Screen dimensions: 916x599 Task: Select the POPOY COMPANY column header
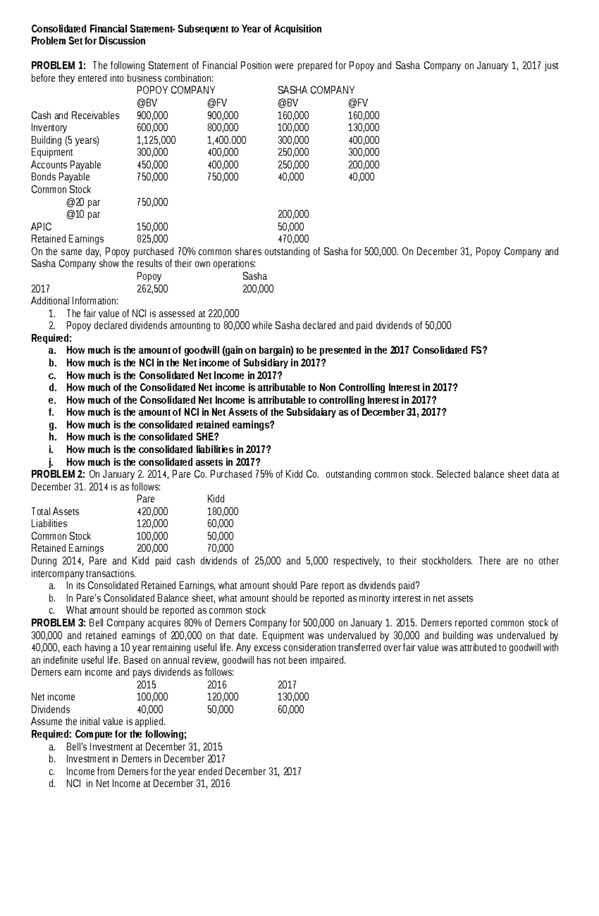(176, 90)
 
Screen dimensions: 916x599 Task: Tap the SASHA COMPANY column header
(315, 90)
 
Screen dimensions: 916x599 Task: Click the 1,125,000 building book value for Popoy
(156, 140)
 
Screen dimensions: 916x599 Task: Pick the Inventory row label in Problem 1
(49, 128)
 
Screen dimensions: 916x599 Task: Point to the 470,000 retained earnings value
(293, 239)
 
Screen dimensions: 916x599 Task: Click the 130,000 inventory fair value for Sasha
(363, 128)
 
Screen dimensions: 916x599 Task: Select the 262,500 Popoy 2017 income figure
(152, 289)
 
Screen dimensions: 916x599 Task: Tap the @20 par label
(83, 202)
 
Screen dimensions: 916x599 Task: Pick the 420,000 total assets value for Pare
(152, 512)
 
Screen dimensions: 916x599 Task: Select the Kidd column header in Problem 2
(216, 499)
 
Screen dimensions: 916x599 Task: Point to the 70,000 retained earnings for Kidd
(220, 549)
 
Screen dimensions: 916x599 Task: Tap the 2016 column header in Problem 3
(217, 685)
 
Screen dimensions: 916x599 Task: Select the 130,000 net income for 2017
(293, 697)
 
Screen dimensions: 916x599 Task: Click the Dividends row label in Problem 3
(50, 710)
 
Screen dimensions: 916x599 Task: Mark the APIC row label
(41, 227)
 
